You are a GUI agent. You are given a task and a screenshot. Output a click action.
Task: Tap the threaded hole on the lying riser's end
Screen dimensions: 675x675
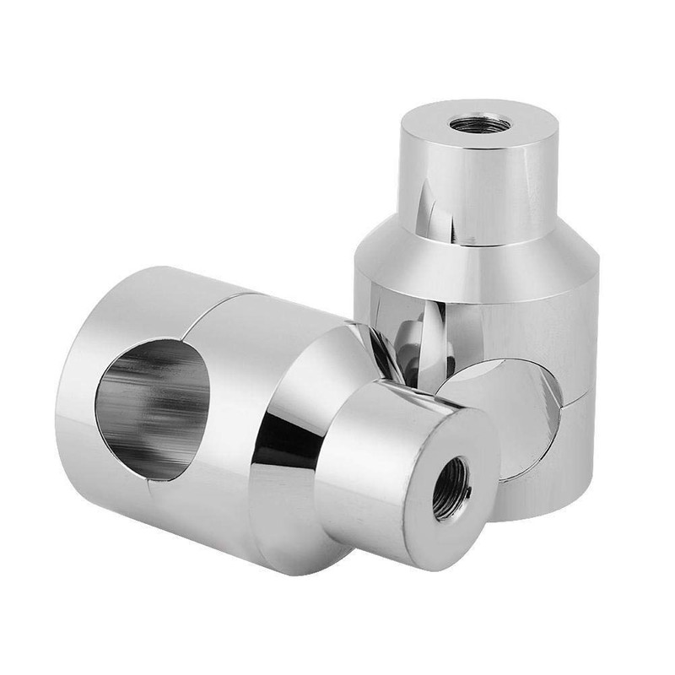452,489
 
